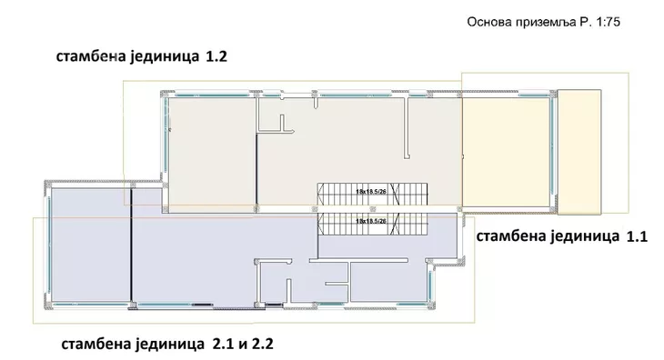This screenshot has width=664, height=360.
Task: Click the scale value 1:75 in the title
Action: click(x=609, y=22)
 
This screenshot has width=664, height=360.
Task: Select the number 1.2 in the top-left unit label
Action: click(x=216, y=56)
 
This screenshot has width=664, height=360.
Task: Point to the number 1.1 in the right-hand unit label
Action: click(x=637, y=236)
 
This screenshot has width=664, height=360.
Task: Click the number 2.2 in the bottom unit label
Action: click(x=263, y=344)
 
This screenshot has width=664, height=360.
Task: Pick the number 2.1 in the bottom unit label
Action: click(x=222, y=344)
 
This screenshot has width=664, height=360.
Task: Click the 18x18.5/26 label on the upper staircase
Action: click(x=371, y=192)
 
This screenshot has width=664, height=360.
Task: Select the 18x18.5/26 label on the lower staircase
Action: click(x=371, y=221)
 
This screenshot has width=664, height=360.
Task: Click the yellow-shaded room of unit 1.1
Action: click(x=506, y=153)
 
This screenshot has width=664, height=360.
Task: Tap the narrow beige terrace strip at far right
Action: click(x=578, y=152)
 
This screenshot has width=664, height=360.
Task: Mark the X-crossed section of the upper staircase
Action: click(x=395, y=195)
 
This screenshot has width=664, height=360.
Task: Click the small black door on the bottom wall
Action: click(x=202, y=305)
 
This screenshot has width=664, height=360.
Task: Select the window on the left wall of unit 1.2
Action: click(x=166, y=135)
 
